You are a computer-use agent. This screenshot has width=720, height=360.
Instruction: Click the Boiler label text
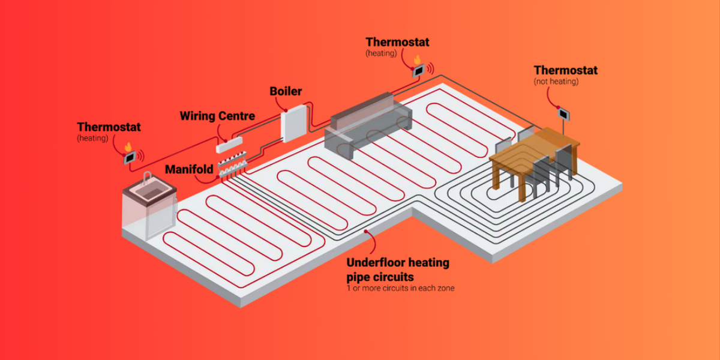(286, 92)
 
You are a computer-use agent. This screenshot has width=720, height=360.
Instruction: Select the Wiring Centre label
(217, 116)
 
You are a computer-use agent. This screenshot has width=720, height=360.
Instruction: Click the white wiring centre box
(230, 144)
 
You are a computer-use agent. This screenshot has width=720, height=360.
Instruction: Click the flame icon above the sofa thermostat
(416, 59)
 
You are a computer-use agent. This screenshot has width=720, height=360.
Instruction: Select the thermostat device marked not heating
(563, 112)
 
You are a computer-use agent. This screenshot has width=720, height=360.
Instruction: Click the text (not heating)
(556, 81)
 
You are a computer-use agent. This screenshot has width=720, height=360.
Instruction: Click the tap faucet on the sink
(145, 177)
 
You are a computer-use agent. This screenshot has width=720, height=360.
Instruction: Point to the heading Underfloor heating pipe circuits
(397, 269)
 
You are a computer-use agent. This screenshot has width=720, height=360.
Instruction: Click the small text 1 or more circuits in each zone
(400, 288)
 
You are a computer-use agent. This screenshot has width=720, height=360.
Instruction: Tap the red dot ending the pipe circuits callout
(365, 230)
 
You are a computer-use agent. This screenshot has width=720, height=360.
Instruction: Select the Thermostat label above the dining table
(565, 70)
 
